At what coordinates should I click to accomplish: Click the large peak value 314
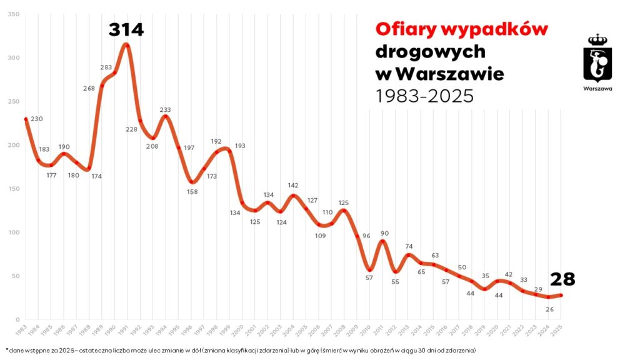(x=126, y=29)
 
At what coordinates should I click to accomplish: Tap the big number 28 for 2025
(x=562, y=279)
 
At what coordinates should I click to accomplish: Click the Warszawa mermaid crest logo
(x=597, y=58)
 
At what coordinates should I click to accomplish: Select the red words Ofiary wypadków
(x=461, y=29)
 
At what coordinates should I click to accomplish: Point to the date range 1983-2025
(x=424, y=96)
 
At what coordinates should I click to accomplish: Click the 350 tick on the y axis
(x=13, y=14)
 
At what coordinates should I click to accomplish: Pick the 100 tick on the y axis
(x=13, y=232)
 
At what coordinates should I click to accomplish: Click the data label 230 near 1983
(x=36, y=119)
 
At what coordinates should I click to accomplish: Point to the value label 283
(x=106, y=67)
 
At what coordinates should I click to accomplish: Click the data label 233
(x=165, y=110)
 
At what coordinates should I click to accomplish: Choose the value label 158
(x=192, y=191)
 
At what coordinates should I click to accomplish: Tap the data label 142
(x=294, y=186)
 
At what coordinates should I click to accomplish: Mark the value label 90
(x=386, y=234)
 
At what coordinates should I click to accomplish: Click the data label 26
(x=549, y=309)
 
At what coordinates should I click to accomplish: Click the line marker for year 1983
(x=26, y=119)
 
